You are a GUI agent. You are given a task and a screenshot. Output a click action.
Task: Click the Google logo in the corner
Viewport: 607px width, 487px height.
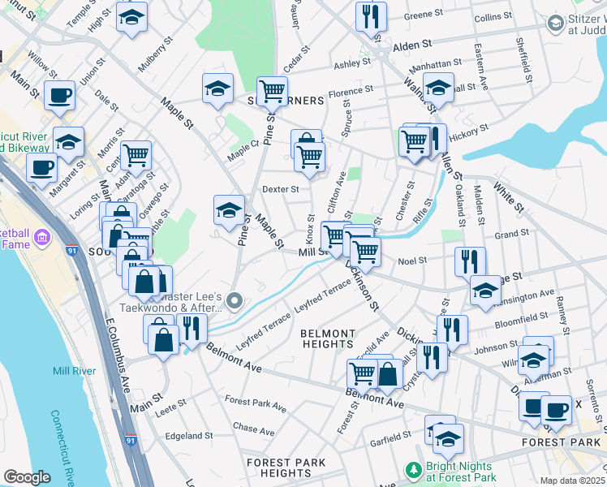[27, 477]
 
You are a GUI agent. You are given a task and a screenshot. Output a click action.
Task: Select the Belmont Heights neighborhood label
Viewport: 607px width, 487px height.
[328, 338]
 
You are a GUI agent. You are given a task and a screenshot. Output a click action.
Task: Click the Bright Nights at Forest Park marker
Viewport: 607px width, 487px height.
[414, 470]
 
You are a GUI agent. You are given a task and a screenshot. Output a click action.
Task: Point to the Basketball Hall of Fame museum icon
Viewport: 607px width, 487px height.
[42, 238]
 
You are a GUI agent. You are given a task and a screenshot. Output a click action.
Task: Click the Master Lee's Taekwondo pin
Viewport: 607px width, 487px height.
[235, 302]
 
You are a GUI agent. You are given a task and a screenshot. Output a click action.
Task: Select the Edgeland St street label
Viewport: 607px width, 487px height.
[188, 436]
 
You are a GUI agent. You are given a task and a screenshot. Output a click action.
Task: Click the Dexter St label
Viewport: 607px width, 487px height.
[280, 189]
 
